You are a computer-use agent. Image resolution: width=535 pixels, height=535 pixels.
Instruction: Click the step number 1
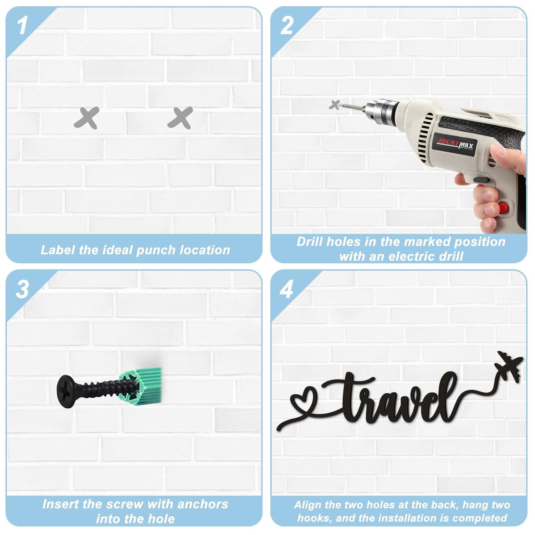22,25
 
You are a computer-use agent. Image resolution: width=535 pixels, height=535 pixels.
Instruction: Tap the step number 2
287,25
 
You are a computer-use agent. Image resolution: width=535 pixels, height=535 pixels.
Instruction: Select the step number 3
22,289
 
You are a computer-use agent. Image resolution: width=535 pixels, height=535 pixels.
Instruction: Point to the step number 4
287,289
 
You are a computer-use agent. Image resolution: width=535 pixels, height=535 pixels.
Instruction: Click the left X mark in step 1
86,118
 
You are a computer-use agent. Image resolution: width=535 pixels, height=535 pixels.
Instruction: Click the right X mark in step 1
180,118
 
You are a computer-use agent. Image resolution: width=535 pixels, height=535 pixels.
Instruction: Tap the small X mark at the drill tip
335,105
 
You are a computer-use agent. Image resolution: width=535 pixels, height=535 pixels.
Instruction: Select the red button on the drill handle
503,208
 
